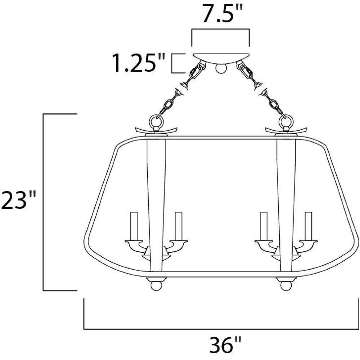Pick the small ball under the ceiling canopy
(x=221, y=68)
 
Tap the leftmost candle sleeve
(x=134, y=226)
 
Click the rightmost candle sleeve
(x=309, y=226)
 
